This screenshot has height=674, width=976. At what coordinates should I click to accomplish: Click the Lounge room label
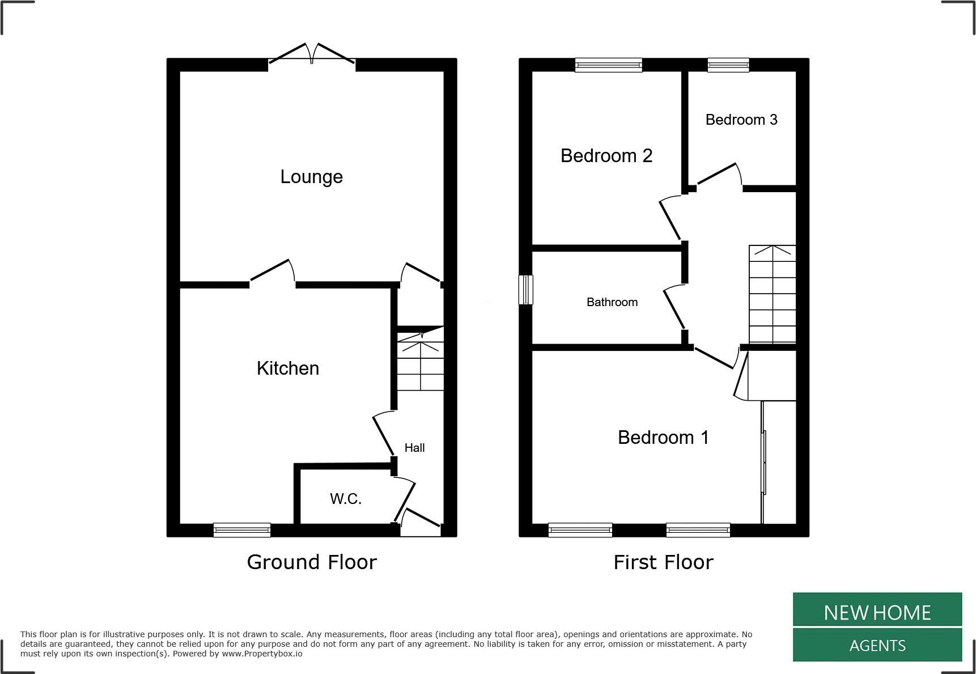coord(311,177)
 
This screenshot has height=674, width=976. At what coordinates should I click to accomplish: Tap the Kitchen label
coord(288,368)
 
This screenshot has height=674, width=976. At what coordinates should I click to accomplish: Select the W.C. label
coord(346,499)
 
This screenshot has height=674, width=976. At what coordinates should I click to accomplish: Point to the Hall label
coord(414,448)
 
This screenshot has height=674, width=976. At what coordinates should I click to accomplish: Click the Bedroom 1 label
coord(663,438)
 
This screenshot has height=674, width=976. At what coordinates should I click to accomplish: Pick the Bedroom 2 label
coord(606,156)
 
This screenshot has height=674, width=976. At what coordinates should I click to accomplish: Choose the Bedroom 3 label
coord(741,120)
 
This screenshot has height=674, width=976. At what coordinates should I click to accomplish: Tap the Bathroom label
coord(612,302)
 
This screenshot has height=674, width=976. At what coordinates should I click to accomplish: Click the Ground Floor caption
coord(312,562)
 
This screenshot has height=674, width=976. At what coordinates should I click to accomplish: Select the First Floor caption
coord(663,562)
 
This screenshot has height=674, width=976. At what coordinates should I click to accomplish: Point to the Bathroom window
coord(527,290)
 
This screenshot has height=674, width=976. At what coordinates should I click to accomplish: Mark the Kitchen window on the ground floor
coord(242,530)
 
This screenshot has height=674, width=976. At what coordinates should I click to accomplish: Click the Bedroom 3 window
coord(728,65)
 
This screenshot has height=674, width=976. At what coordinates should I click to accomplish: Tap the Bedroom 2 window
coord(609,65)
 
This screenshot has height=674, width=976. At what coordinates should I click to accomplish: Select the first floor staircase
coord(773,294)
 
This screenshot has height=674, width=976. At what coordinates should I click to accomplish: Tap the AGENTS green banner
coord(877,645)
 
